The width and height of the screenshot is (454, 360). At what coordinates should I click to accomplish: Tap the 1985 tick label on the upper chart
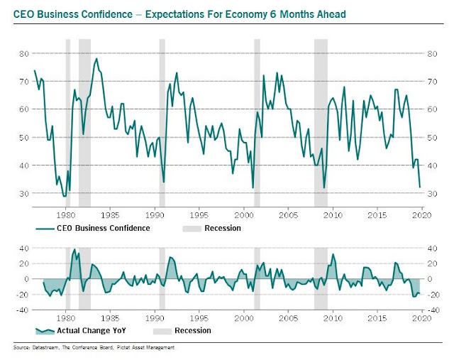pos(110,212)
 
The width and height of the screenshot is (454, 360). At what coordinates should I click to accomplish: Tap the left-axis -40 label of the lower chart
pos(22,309)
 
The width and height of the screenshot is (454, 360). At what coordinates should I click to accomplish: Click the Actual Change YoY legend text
pos(92,330)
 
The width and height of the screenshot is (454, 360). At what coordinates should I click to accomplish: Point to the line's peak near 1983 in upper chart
pos(96,59)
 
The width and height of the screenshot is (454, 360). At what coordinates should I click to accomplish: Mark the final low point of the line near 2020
pos(420,187)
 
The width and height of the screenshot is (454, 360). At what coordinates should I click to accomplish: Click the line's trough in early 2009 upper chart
pos(324,187)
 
